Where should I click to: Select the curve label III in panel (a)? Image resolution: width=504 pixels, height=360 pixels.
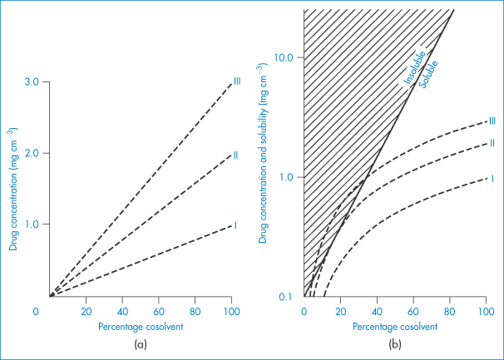(237, 81)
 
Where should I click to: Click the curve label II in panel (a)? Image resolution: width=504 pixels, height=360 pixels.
(236, 155)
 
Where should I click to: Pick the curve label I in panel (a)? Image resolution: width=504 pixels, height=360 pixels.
(235, 225)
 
